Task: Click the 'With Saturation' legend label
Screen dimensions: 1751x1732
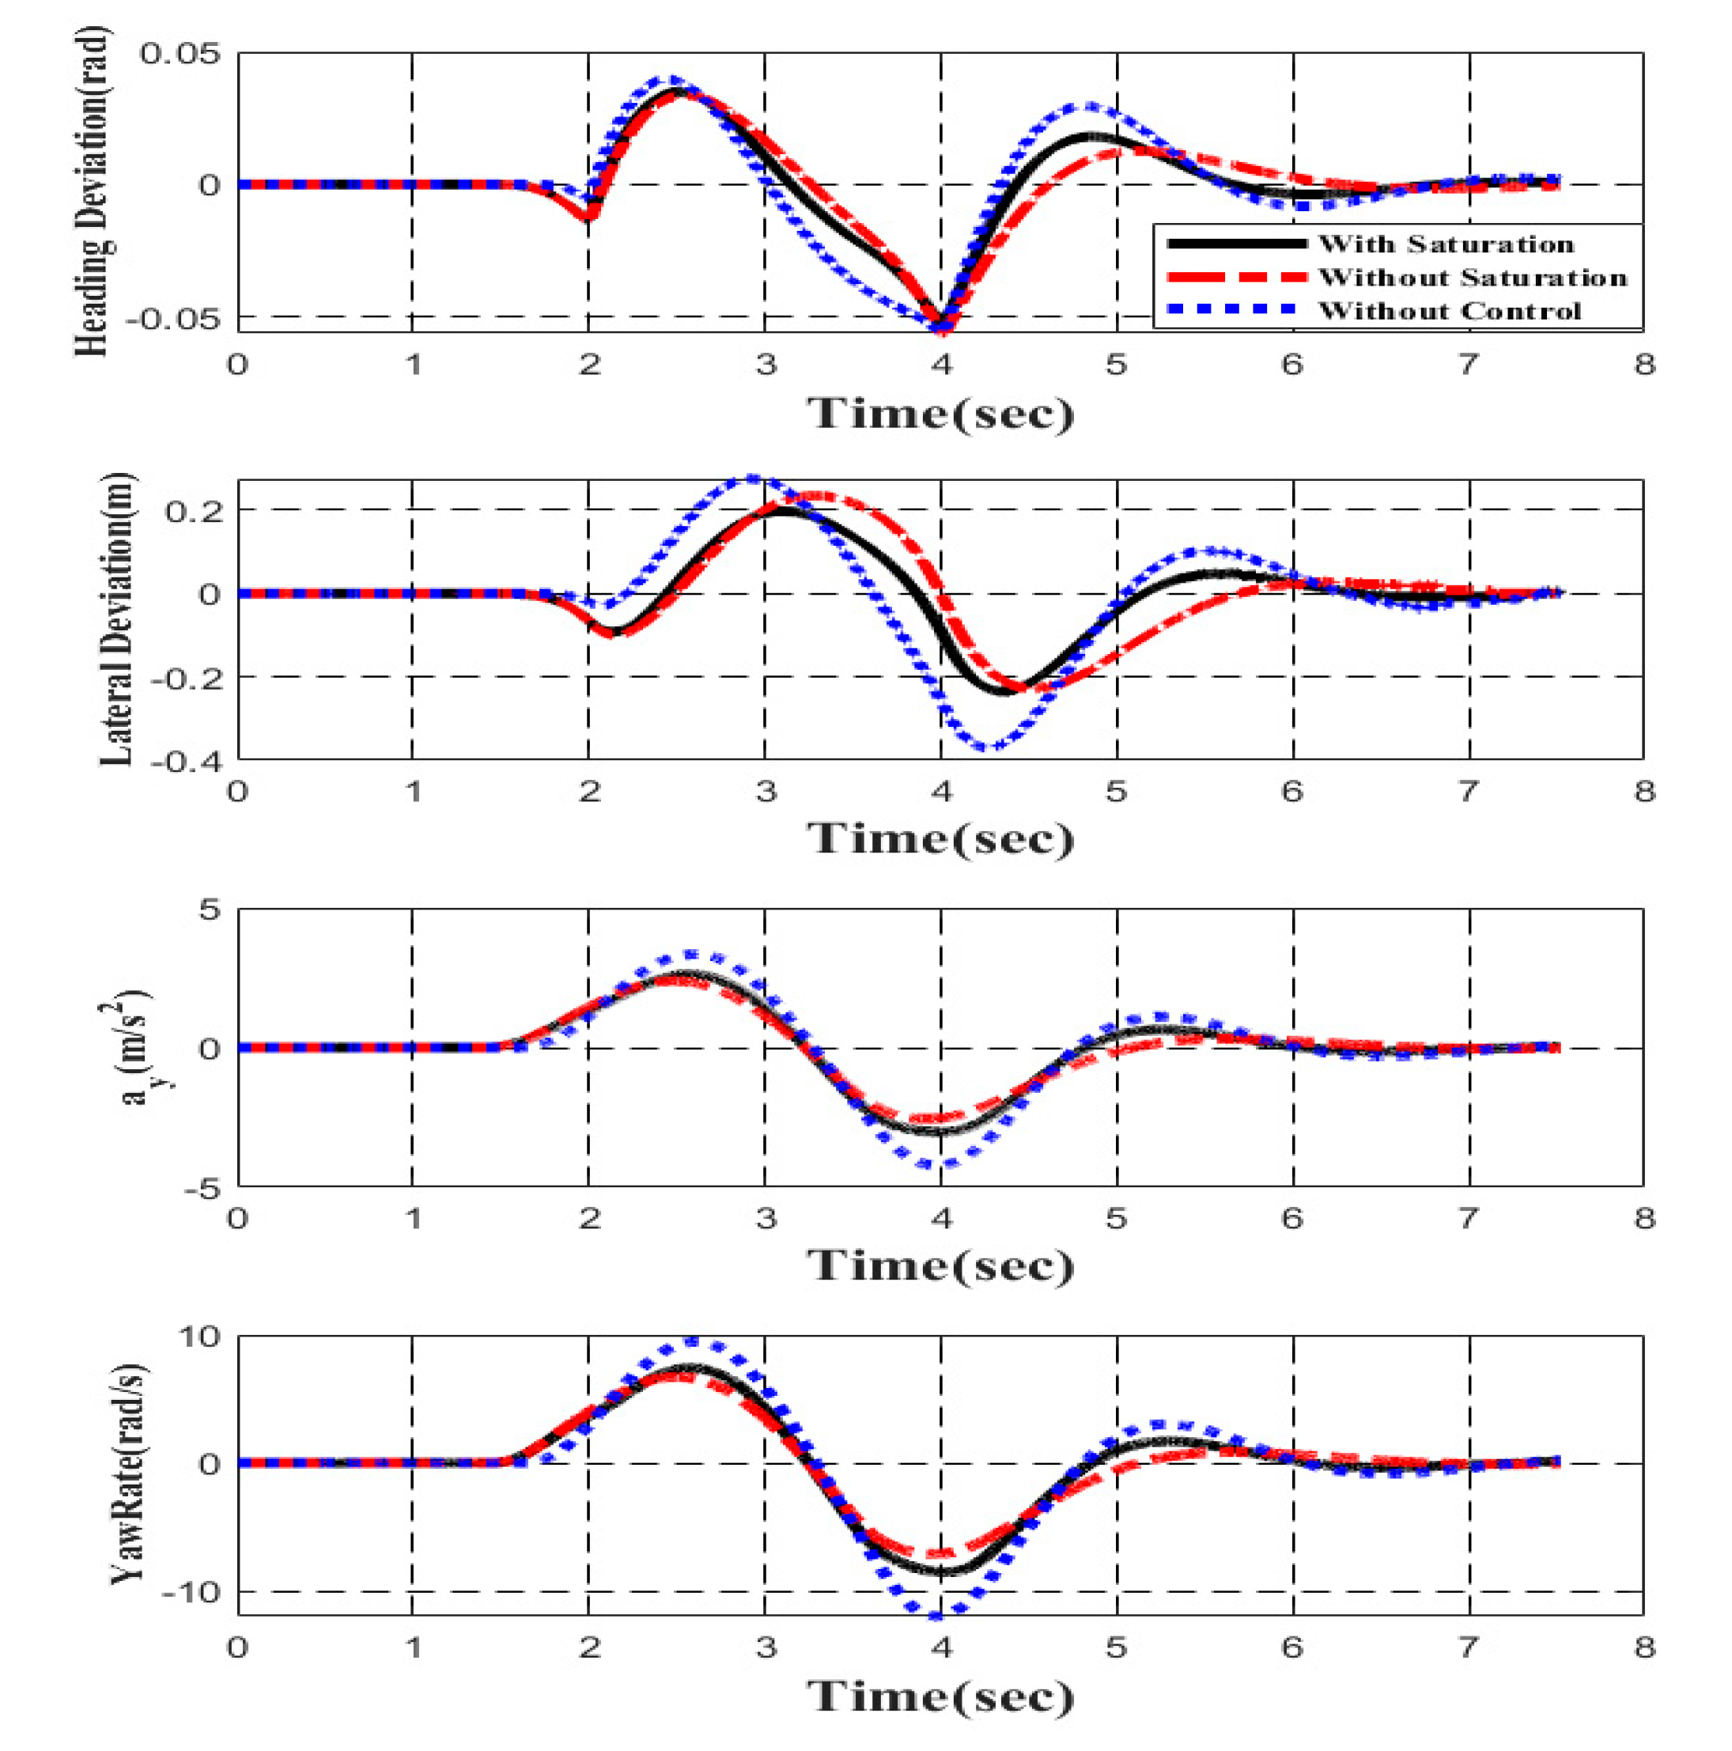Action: (x=1446, y=244)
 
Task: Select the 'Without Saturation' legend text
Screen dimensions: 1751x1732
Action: (x=1472, y=278)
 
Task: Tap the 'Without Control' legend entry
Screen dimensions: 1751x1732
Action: (x=1449, y=311)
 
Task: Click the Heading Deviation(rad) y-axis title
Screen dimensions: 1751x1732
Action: (x=93, y=191)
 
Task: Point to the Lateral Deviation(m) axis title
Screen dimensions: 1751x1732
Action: (x=115, y=619)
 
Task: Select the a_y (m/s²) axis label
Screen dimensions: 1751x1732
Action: (x=136, y=1049)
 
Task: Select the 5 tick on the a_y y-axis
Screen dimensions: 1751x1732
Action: (x=210, y=909)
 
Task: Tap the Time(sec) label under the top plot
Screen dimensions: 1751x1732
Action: (x=940, y=414)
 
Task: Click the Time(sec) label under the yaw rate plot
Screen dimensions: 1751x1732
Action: (x=940, y=1695)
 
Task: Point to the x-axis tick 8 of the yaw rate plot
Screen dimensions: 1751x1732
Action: (x=1643, y=1647)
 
